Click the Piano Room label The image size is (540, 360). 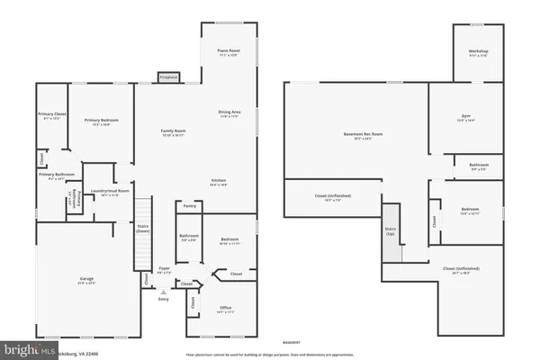228,51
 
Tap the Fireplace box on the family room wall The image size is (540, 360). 168,78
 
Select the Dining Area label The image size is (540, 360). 229,112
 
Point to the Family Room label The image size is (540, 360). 173,132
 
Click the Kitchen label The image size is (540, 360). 219,181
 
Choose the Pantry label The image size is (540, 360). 189,206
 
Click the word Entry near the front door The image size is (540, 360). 163,299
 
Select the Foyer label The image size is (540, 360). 164,269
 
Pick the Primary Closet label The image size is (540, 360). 50,115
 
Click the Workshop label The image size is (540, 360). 478,52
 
